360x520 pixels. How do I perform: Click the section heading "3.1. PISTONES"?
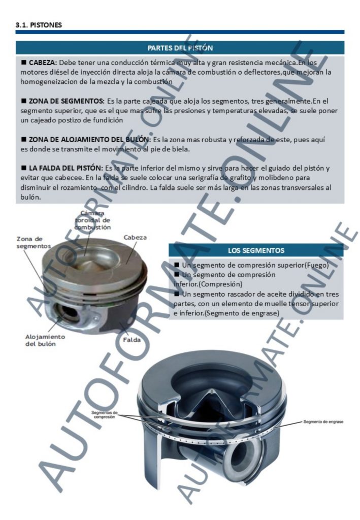(x=39, y=25)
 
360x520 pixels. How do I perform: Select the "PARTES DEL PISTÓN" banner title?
(x=180, y=48)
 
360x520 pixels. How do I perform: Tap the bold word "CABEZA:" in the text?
(x=43, y=62)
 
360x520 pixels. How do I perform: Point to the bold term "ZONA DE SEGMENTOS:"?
(x=67, y=101)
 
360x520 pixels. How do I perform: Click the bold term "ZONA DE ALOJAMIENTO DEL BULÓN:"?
(x=89, y=140)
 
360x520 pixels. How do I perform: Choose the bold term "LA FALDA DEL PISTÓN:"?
(x=66, y=168)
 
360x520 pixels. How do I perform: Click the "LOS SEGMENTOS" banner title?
(x=256, y=251)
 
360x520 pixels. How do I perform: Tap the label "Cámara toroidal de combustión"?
(x=92, y=220)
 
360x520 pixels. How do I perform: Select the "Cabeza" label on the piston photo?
(x=135, y=238)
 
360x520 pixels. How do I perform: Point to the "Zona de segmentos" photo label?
(x=34, y=242)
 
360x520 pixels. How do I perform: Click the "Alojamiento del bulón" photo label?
(x=45, y=340)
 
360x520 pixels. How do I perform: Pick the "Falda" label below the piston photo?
(x=132, y=340)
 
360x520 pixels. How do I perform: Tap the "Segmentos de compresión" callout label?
(x=105, y=414)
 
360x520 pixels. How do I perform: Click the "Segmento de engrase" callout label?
(x=323, y=422)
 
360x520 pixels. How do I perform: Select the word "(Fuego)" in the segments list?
(x=316, y=265)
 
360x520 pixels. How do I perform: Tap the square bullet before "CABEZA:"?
(x=24, y=62)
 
